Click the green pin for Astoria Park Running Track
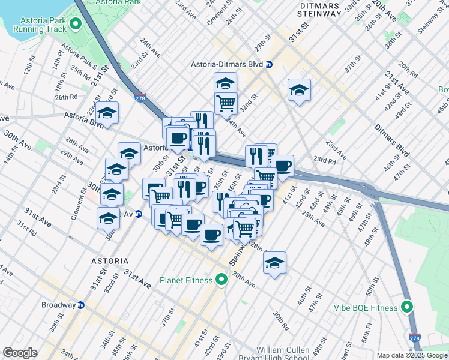click(76, 25)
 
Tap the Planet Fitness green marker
click(221, 280)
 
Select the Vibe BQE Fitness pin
click(407, 308)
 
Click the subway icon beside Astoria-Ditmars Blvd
click(270, 64)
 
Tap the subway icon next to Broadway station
click(81, 305)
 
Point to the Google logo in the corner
click(20, 353)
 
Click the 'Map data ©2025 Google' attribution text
click(412, 355)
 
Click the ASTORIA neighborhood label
click(109, 261)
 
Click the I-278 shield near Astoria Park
click(139, 96)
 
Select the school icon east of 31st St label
click(298, 90)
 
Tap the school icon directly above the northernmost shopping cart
click(225, 83)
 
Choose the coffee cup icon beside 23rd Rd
click(282, 166)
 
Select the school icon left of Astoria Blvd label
click(107, 113)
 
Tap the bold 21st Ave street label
click(397, 82)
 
